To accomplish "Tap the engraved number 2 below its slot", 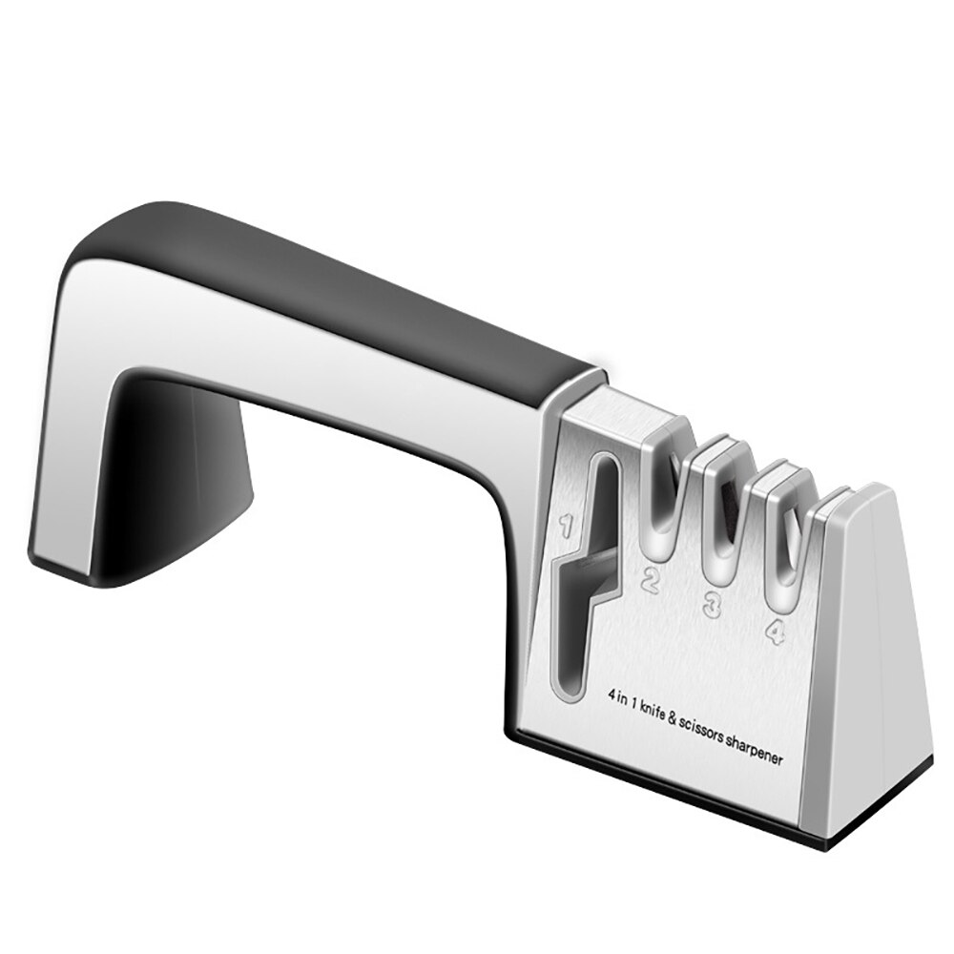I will (x=652, y=578).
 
